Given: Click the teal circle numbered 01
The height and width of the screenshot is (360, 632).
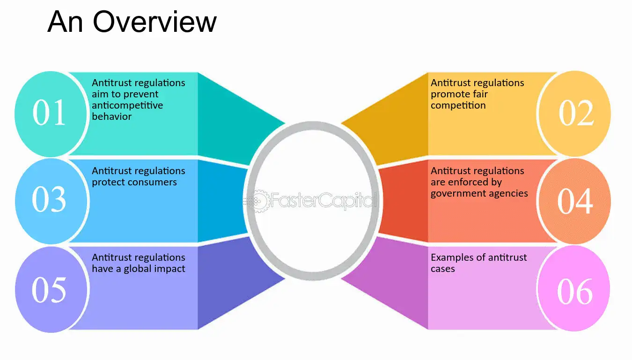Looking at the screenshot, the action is pos(51,114).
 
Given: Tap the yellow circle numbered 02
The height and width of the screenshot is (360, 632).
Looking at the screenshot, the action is pos(575,114).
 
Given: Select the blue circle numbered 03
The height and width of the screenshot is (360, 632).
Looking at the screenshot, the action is pos(51,201).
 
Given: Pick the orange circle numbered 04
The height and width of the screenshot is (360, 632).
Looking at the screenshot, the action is pos(575,201).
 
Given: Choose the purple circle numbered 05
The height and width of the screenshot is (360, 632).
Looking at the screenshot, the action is pos(51,289).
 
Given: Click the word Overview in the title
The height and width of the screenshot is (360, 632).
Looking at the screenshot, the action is pos(154,22).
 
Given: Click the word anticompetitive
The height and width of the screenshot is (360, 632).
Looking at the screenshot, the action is pos(127,105).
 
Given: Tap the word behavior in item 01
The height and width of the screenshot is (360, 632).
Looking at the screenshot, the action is pos(112,117).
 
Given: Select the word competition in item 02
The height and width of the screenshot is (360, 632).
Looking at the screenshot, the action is pos(458,105).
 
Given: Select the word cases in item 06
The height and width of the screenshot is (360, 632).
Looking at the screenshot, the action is pos(443,269).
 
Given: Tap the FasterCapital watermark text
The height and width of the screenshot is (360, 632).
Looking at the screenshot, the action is pos(323,200).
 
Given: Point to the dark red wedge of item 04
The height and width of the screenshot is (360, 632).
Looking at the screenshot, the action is pos(403,201).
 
